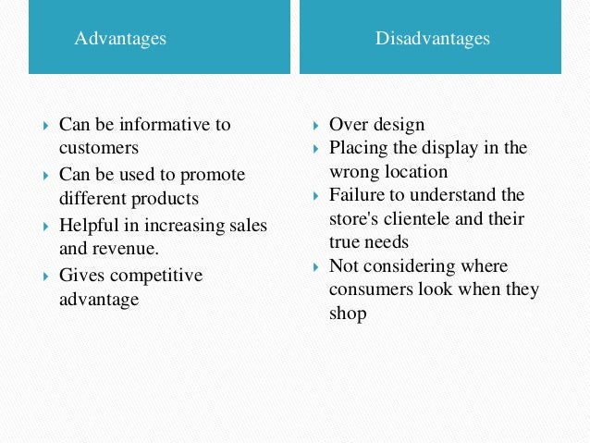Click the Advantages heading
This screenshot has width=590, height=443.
120,38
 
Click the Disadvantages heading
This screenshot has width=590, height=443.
432,38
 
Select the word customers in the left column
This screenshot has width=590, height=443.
99,147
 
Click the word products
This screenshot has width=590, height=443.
166,198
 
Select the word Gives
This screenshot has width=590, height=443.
80,276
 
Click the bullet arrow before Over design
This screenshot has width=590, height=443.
316,125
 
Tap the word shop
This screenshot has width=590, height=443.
348,314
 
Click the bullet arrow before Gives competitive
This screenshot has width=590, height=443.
45,277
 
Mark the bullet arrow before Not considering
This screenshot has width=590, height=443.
316,267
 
